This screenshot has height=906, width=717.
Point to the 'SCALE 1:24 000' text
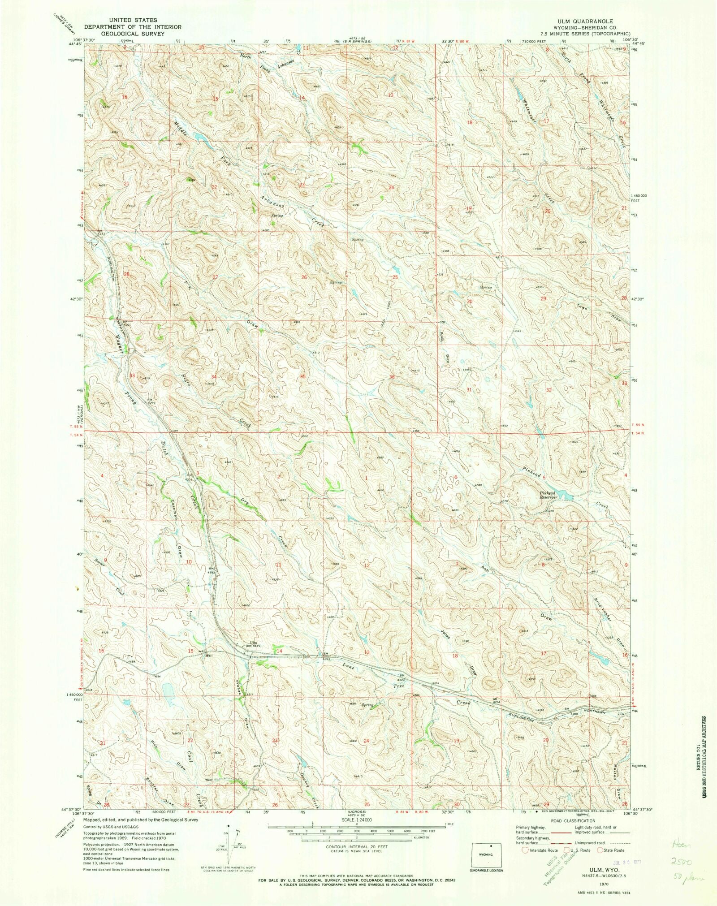(x=357, y=819)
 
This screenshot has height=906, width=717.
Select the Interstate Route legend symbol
(x=525, y=850)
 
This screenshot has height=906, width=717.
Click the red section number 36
(x=392, y=377)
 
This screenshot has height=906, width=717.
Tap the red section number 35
(x=303, y=376)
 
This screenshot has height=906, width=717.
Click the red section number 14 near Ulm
(x=280, y=651)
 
